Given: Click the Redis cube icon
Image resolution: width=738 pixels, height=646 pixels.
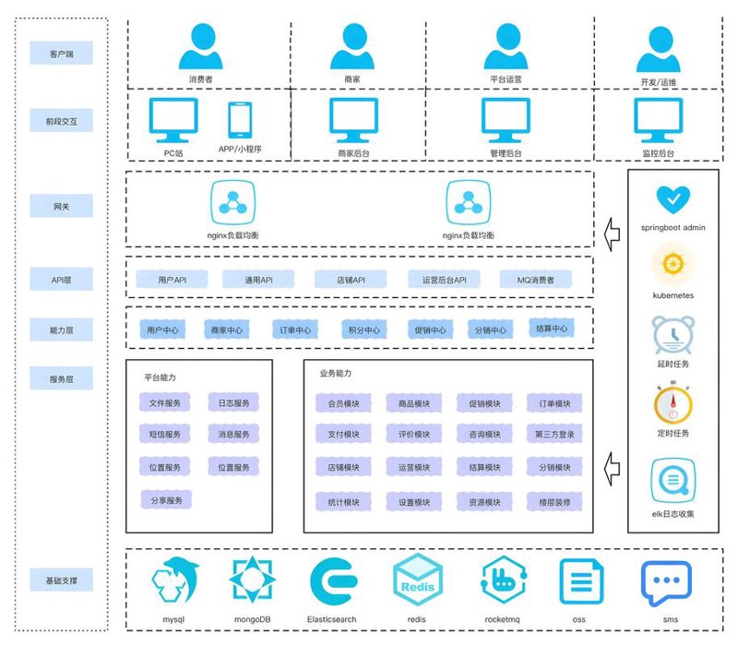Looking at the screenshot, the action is click(418, 580).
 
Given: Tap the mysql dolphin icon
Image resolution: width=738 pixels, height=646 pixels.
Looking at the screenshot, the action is click(175, 580).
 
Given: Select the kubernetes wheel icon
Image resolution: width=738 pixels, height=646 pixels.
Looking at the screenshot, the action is click(673, 264).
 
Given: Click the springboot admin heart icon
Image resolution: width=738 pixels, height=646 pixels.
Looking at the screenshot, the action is click(673, 199).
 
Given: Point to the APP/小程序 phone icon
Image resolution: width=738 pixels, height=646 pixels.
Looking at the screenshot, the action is click(240, 120).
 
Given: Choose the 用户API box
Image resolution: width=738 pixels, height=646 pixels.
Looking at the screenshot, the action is click(172, 280).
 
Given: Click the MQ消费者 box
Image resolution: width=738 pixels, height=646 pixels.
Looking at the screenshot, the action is click(536, 280).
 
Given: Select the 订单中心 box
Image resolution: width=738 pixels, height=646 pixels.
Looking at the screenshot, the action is click(295, 329).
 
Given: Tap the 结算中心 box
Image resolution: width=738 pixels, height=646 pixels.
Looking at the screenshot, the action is click(552, 329).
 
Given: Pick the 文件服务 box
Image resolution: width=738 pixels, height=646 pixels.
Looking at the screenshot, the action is click(165, 403).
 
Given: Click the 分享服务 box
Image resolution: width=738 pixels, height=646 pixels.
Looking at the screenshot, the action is click(166, 500).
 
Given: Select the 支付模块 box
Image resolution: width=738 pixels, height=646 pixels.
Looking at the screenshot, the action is click(343, 434).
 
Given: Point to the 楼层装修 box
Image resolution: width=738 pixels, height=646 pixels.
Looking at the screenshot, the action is click(554, 502).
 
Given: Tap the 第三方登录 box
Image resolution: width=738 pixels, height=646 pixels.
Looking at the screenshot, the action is click(554, 434).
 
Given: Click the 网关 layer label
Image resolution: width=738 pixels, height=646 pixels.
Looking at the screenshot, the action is click(61, 206).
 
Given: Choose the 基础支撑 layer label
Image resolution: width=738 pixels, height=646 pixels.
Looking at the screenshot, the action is click(61, 580).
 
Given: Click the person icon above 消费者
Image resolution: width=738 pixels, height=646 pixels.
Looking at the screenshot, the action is click(201, 45).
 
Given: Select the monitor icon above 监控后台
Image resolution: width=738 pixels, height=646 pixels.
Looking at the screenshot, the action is click(658, 120).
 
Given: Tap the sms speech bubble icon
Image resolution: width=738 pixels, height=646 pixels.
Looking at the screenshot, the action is click(666, 582).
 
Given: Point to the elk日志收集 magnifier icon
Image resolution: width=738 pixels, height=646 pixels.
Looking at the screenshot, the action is click(673, 480).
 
